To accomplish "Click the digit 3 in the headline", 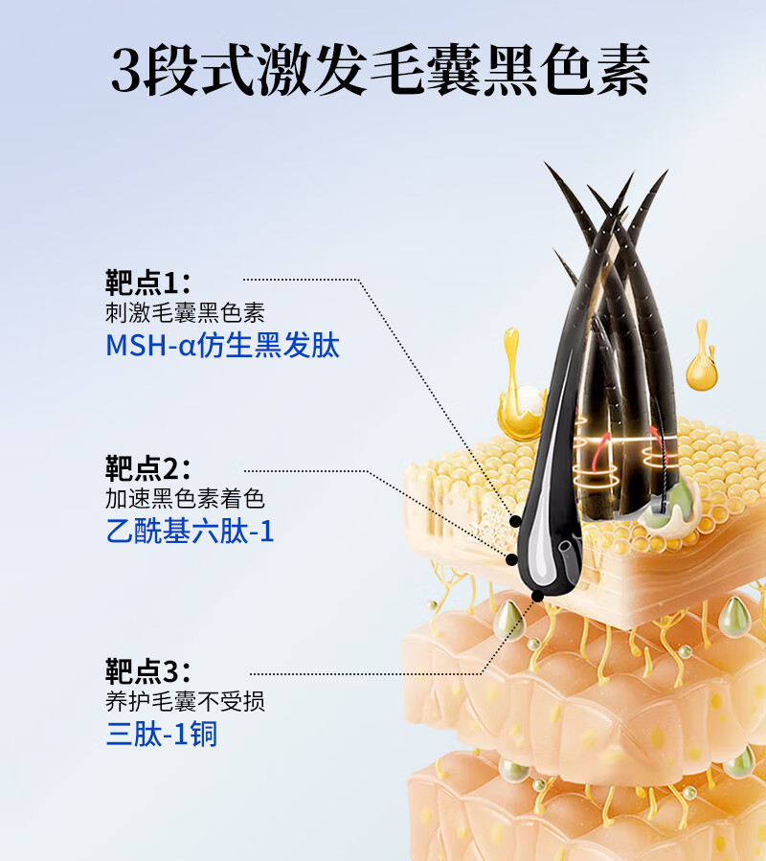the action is (125, 70).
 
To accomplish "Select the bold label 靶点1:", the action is (148, 283).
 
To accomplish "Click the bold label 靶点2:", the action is (148, 469).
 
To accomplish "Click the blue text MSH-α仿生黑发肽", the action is (222, 345).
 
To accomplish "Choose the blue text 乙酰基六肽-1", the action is (190, 531).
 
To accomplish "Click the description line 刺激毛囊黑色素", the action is (184, 313).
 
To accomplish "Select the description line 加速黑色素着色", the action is (184, 499).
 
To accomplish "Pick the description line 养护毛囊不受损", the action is (184, 702).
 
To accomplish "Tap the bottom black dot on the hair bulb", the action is (536, 595).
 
